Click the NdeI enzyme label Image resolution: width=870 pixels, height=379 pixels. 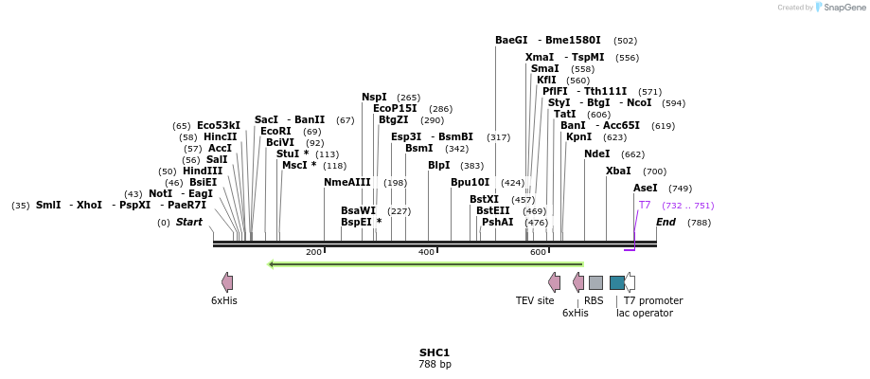(596, 153)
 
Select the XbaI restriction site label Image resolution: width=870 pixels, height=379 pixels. (618, 171)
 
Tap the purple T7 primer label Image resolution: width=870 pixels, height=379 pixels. (644, 205)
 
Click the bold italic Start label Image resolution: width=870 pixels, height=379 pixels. (189, 223)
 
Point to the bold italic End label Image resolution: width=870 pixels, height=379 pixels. (666, 223)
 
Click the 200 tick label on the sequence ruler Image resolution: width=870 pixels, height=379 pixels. (313, 252)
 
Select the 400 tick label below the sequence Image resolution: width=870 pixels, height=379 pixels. (426, 252)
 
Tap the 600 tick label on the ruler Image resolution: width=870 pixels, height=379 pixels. (538, 252)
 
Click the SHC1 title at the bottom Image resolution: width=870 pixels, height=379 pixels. (435, 352)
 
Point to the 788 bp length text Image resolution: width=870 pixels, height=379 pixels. (435, 364)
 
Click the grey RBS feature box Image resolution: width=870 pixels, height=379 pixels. (595, 282)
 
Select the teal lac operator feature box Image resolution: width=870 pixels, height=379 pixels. (617, 282)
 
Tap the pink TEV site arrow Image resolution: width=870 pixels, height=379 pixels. (554, 281)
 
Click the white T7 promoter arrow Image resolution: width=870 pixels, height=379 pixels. (630, 282)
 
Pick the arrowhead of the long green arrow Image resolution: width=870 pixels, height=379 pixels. (273, 264)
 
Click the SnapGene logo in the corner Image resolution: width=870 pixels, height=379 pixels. (837, 8)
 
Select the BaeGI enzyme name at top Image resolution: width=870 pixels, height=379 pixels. (511, 41)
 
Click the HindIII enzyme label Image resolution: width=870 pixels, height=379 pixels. (203, 171)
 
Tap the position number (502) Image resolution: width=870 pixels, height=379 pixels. (625, 41)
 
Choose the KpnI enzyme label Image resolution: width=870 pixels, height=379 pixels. (578, 136)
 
